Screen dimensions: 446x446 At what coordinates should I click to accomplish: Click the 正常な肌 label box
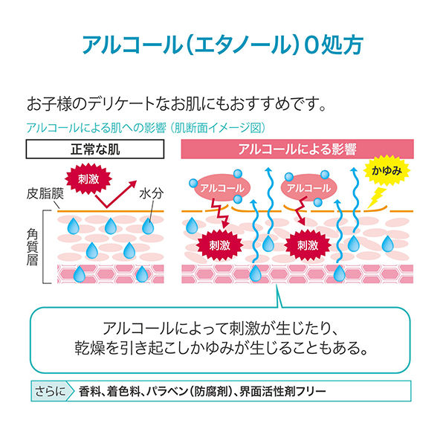(95, 149)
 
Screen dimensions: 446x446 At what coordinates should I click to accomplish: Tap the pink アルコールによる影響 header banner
(297, 149)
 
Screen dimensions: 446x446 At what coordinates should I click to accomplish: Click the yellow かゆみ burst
(387, 170)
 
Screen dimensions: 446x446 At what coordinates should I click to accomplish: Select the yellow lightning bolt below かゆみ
(375, 198)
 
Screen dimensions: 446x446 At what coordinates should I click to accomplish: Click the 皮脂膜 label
(45, 194)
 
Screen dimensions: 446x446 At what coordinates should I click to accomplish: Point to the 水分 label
(152, 194)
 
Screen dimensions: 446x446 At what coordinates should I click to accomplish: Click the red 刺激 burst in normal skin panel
(88, 179)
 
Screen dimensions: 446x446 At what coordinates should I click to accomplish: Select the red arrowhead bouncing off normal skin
(132, 184)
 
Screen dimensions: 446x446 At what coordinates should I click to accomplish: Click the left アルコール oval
(222, 188)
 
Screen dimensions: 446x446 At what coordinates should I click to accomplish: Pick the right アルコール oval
(308, 188)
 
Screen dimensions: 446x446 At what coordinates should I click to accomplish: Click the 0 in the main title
(311, 45)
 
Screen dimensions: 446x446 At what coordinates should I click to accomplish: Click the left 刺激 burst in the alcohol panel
(219, 245)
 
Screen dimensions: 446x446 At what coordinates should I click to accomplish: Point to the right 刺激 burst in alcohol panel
(308, 245)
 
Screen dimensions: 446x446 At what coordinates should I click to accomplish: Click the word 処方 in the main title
(342, 45)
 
